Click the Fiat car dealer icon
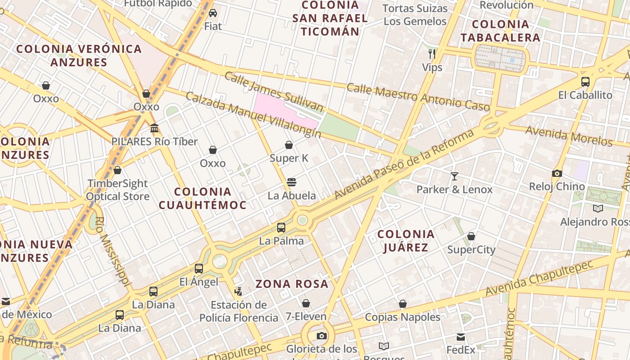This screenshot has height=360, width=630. [x=213, y=13]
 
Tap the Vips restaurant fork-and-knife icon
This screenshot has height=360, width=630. [x=432, y=54]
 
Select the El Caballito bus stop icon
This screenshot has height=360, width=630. [x=585, y=82]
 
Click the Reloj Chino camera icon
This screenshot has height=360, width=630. [x=557, y=173]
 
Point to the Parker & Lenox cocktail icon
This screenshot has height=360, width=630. [x=454, y=176]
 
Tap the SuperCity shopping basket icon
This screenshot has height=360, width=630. [x=471, y=236]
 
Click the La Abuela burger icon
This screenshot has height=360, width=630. [x=292, y=182]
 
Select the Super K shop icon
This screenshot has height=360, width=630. [x=289, y=145]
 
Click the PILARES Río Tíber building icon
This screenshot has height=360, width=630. [x=154, y=128]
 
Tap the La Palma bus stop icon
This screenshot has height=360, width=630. [x=281, y=228]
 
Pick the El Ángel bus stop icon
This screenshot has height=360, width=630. [x=198, y=269]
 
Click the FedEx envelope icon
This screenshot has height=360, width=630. [x=461, y=337]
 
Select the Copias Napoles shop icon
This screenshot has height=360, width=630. [x=403, y=304]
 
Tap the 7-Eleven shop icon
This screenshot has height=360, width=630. [x=306, y=303]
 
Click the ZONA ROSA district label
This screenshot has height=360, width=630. [x=292, y=284]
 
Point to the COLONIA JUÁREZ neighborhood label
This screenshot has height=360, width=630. [x=406, y=241]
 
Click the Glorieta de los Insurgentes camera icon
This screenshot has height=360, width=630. [x=321, y=336]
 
